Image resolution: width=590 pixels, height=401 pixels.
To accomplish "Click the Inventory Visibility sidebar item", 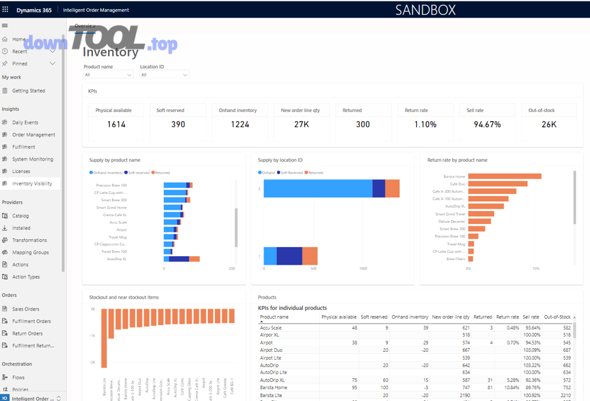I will [x=31, y=183].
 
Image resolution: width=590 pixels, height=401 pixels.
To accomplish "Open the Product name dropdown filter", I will [x=108, y=75].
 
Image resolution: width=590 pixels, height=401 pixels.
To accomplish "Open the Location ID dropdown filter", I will [x=164, y=75].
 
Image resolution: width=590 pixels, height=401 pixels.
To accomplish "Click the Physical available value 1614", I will [x=116, y=124].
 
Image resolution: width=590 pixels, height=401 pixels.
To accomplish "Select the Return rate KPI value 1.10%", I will [x=425, y=124].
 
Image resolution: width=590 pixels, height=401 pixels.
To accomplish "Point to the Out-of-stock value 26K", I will [x=550, y=124].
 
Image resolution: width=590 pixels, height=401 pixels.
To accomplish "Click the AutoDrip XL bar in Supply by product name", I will [x=180, y=259].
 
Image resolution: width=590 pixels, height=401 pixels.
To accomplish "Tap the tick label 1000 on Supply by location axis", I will [x=363, y=269].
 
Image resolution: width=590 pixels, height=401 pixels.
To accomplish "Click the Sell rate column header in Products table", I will [x=530, y=317].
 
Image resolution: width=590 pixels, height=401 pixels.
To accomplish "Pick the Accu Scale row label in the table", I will [x=271, y=328].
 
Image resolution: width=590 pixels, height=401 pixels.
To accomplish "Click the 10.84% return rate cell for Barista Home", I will [x=508, y=387].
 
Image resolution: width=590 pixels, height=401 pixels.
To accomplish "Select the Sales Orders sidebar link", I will [x=26, y=309].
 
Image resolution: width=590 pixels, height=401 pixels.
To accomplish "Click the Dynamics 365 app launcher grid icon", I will [x=6, y=10].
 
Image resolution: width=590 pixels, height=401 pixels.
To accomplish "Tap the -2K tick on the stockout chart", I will [x=93, y=363].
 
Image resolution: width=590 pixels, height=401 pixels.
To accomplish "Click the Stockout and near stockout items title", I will [x=124, y=297].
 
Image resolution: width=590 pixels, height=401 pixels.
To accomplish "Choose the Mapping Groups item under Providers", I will [x=30, y=252].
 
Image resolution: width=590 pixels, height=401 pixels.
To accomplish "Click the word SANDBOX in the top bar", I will [x=425, y=10].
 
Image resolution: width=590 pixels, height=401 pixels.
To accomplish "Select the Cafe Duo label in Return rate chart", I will [x=457, y=183].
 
